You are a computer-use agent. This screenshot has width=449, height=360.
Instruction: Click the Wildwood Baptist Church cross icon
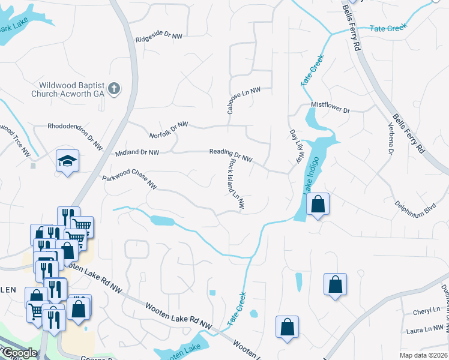click(115, 89)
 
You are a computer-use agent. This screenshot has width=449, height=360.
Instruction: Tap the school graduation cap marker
click(67, 160)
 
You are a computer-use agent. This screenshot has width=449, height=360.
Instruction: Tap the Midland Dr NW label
click(137, 153)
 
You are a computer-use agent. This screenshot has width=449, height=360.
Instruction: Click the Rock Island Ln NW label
click(236, 185)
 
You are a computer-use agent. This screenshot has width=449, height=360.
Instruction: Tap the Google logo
click(19, 353)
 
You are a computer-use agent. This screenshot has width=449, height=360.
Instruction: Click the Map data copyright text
click(423, 355)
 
